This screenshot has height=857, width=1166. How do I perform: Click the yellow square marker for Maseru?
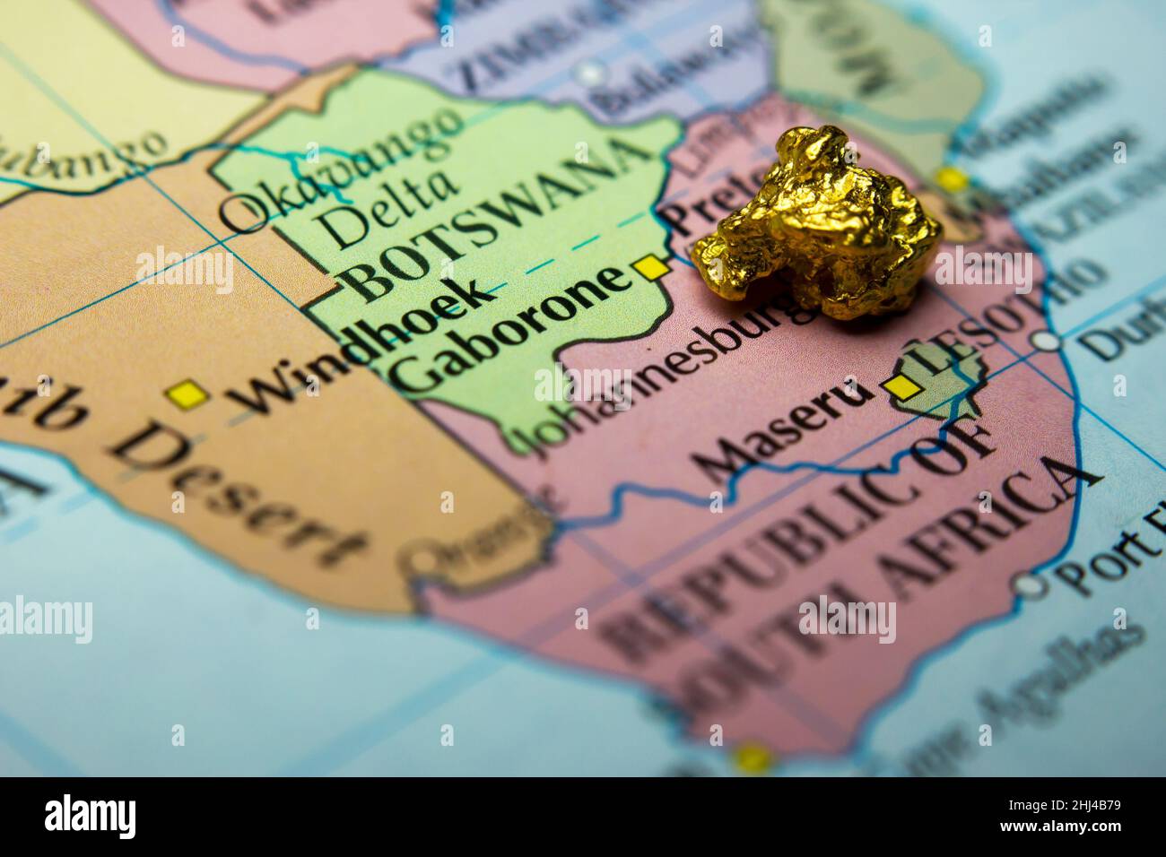901,386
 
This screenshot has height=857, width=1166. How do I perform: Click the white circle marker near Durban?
1045,341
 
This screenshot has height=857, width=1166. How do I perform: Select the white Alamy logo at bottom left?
91,817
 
